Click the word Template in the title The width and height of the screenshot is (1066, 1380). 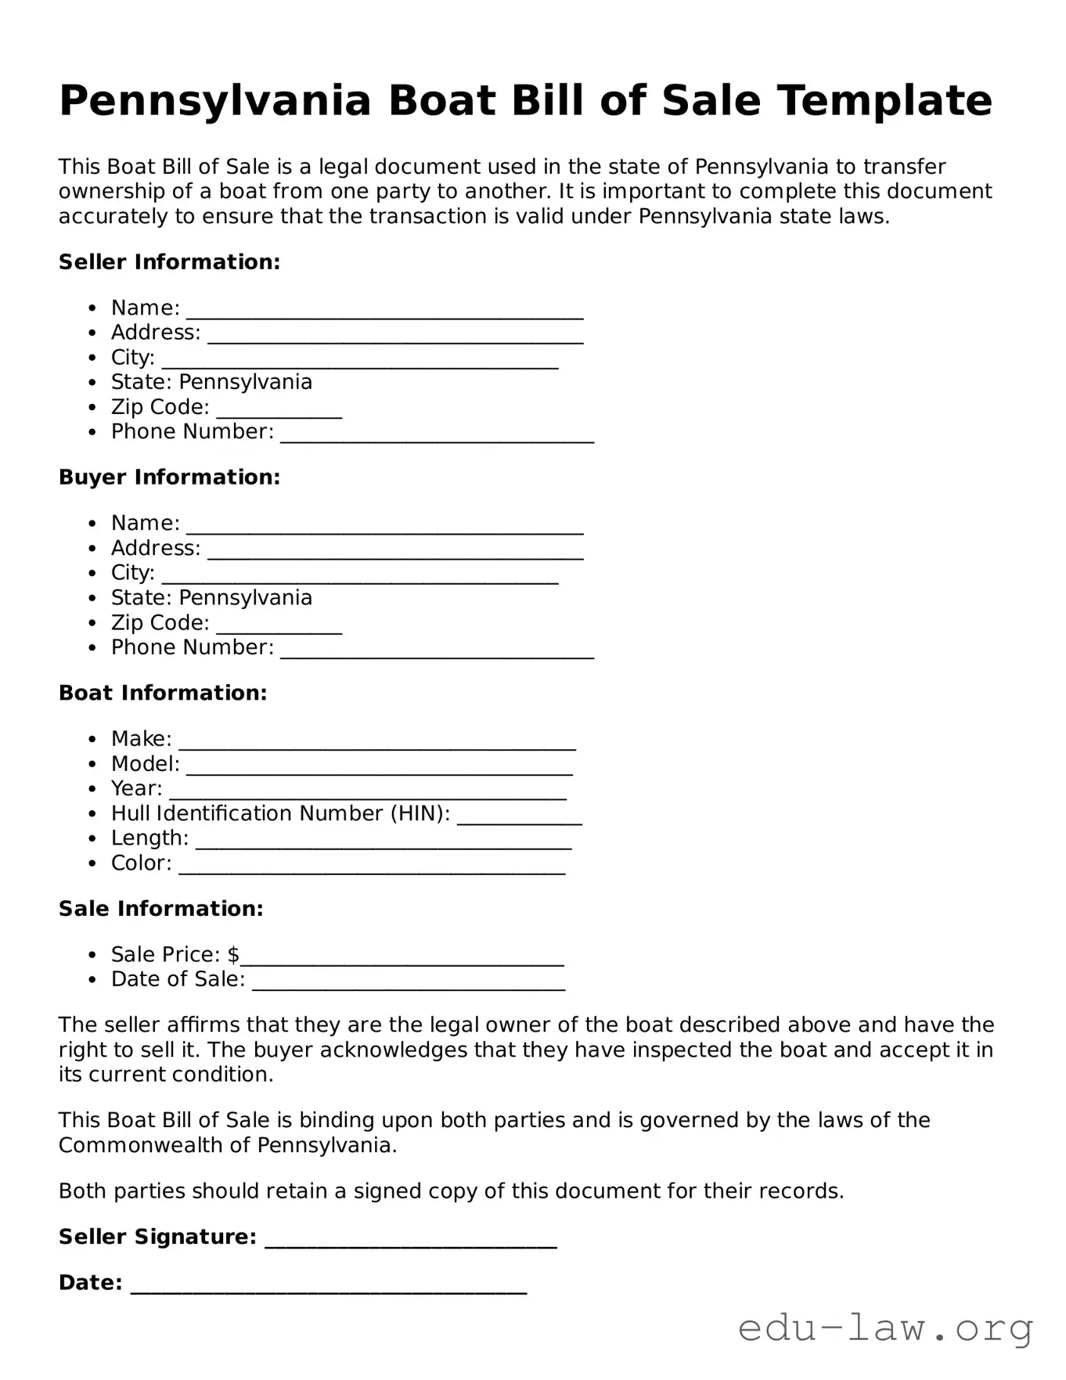884,101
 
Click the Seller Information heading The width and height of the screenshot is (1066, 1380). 169,262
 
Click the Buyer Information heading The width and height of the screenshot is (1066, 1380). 169,477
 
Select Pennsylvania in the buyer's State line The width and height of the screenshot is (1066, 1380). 246,598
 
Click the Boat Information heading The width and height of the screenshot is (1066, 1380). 163,694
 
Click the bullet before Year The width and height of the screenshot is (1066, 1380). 93,789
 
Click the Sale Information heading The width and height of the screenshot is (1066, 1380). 160,909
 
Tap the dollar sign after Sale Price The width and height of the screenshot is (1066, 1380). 233,955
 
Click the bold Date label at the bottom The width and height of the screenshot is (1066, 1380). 90,1283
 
